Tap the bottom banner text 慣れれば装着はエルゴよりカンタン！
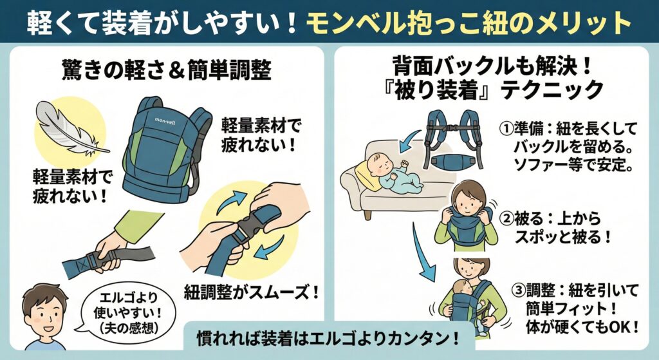pos(320,336)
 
